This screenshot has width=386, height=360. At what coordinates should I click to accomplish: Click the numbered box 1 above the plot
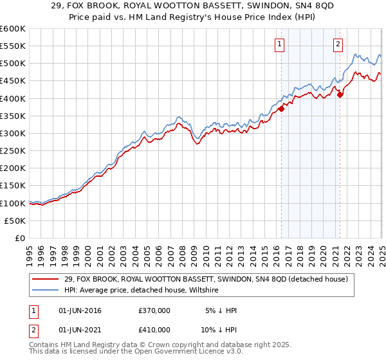click(280, 44)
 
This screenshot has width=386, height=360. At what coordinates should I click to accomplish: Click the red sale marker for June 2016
click(281, 109)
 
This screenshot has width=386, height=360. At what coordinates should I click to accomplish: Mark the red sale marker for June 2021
click(340, 95)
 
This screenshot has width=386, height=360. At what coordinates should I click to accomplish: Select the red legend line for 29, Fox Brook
click(46, 279)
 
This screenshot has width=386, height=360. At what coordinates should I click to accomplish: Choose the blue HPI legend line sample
click(46, 291)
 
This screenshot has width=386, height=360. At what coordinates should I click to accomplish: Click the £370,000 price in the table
click(154, 310)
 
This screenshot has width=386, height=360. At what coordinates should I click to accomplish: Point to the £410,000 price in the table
click(154, 329)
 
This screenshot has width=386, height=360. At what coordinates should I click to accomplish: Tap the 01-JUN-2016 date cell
click(80, 310)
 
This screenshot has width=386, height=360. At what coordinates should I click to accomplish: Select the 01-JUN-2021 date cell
click(80, 329)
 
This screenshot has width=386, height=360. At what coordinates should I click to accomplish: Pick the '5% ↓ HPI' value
click(219, 310)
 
